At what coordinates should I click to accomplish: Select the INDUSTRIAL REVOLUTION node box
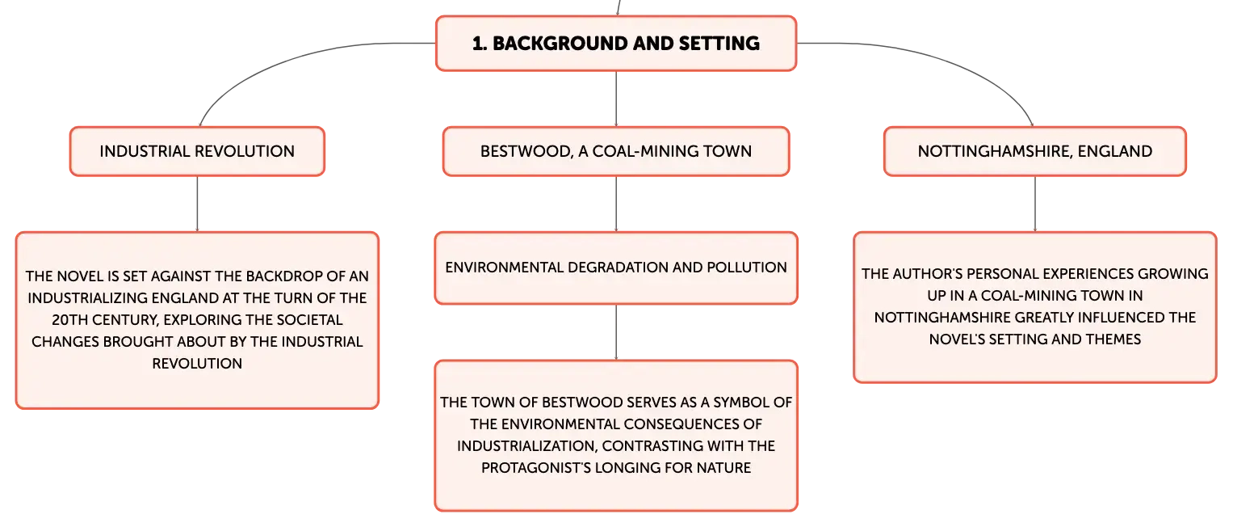[197, 151]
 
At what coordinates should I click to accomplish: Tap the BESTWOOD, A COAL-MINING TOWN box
[616, 151]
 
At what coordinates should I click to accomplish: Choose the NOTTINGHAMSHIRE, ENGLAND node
[1035, 151]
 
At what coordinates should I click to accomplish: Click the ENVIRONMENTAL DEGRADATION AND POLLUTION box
[616, 268]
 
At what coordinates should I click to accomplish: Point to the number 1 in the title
[478, 44]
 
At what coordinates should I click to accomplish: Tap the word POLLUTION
[746, 268]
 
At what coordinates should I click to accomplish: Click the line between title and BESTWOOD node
[616, 99]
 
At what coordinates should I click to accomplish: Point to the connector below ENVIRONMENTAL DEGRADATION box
[616, 332]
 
